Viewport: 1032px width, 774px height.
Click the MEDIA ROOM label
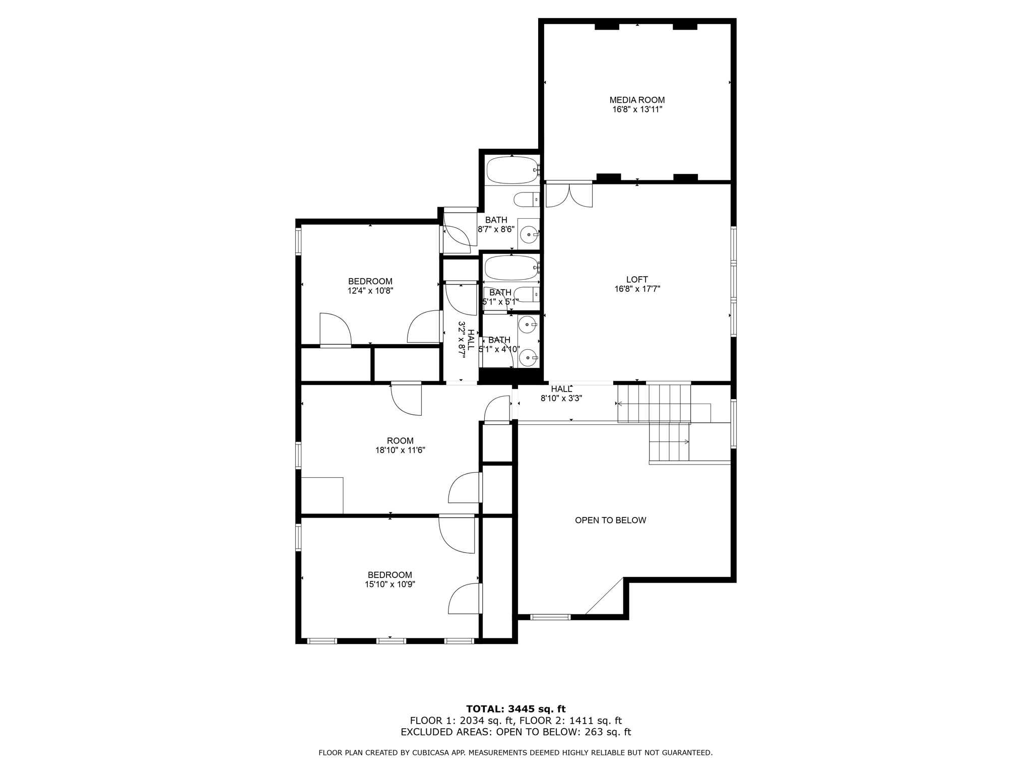coord(637,100)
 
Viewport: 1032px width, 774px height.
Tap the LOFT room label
coord(637,280)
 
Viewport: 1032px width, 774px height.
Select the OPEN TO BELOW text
coord(610,520)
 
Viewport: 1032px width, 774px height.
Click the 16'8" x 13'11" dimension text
coord(637,109)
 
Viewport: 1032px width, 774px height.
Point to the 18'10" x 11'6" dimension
coord(400,450)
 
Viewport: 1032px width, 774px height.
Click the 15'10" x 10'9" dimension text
coord(390,584)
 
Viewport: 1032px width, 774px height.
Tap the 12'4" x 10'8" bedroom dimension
coord(370,290)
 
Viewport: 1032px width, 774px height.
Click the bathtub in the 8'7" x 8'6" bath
coord(512,170)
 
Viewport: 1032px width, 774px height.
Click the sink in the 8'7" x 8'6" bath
coord(529,234)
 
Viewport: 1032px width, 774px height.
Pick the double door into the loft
coord(569,196)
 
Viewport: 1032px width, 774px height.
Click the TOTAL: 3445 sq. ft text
coord(515,709)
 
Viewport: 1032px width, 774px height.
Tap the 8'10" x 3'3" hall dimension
coord(561,398)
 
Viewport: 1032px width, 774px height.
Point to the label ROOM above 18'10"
coord(400,441)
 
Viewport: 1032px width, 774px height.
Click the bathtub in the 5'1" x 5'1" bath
coord(511,268)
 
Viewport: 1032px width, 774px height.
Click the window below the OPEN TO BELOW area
coord(550,617)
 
